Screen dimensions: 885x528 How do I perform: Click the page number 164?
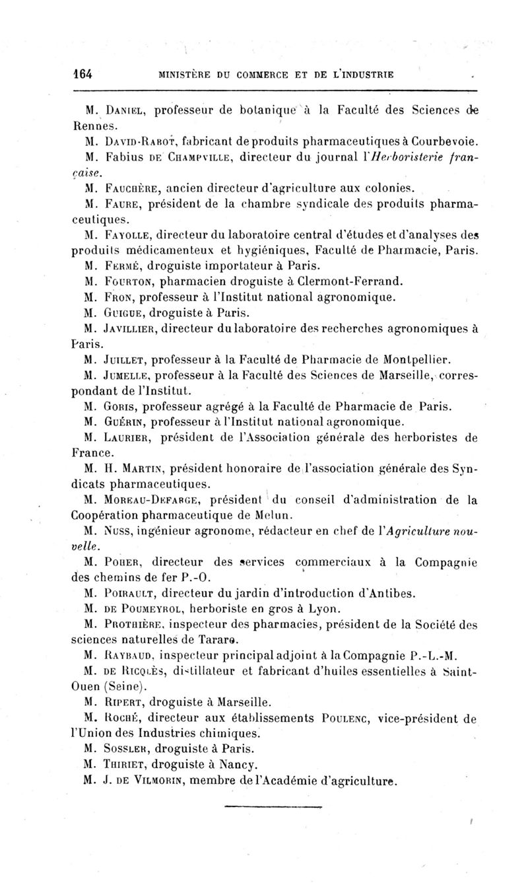pos(82,74)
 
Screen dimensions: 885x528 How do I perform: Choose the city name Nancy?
pos(219,765)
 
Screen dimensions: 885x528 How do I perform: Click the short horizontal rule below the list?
pos(272,806)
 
